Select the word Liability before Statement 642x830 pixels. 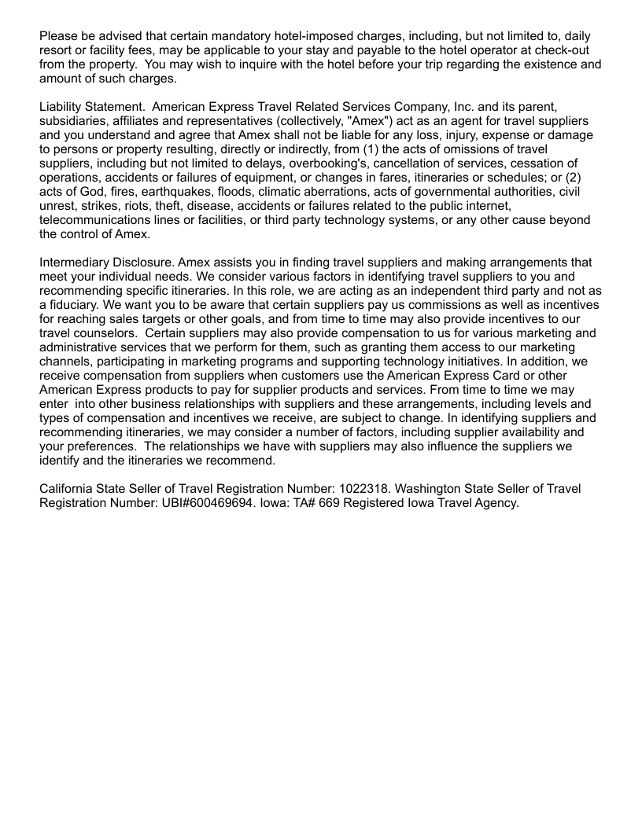62,106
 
